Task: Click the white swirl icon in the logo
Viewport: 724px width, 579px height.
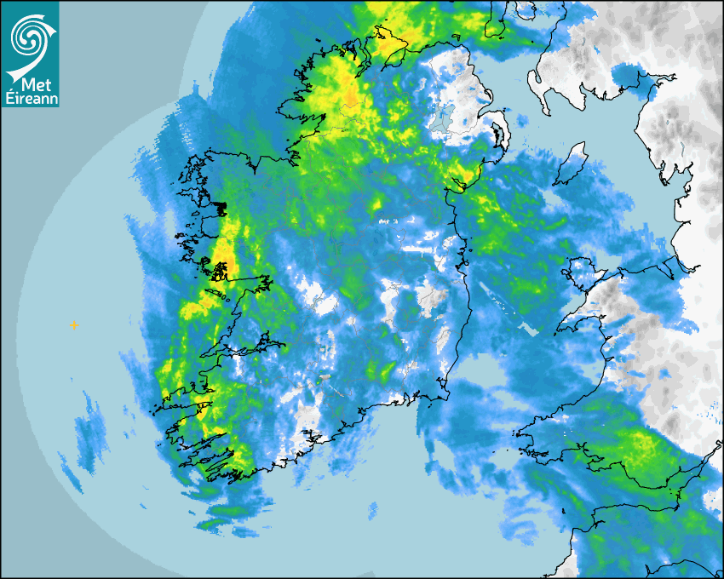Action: coord(30,37)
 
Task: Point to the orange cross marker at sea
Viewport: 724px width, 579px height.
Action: coord(74,325)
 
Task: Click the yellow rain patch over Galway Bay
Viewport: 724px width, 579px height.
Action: coord(222,260)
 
